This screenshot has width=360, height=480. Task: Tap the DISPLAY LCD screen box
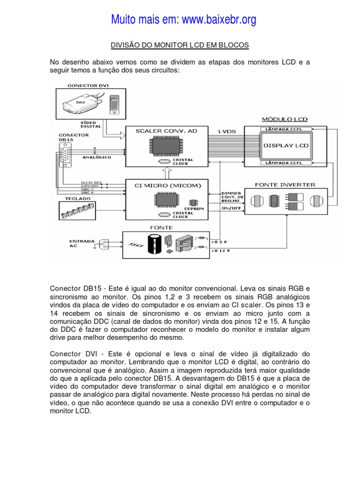pos(286,146)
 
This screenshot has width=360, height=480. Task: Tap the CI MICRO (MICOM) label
pos(167,186)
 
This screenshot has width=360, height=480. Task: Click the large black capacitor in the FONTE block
pos(156,245)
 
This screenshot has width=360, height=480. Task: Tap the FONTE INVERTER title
pos(285,185)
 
